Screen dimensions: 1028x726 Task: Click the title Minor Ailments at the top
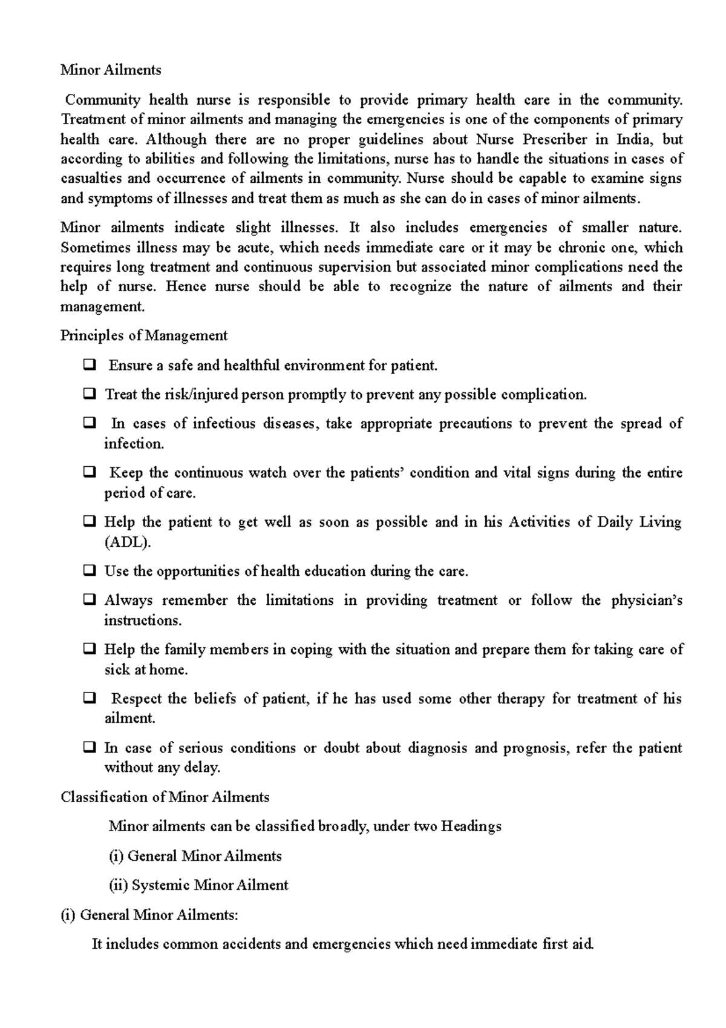pos(111,70)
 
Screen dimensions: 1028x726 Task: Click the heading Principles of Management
pos(144,335)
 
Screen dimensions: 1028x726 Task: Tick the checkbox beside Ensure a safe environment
pos(90,365)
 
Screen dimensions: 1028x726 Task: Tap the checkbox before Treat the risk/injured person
pos(90,394)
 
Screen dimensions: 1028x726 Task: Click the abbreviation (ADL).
pos(127,542)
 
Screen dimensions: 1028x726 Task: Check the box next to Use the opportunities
pos(90,571)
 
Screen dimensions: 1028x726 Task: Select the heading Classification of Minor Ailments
pos(165,797)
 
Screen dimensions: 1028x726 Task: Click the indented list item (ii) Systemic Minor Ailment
pos(198,885)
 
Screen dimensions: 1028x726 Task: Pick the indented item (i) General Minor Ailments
pos(195,856)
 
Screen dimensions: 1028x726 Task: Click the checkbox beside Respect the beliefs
pos(90,699)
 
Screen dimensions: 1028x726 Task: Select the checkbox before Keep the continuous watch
pos(90,473)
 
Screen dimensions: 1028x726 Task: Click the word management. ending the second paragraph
pos(103,306)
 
